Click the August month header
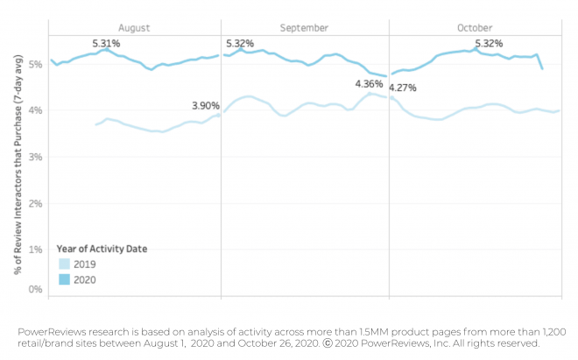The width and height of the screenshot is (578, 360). [x=133, y=28]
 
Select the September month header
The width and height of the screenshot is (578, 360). [x=304, y=28]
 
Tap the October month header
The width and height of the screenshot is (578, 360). [x=475, y=28]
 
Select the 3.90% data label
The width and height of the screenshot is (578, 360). [x=207, y=106]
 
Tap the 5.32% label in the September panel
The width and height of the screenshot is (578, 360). [x=241, y=44]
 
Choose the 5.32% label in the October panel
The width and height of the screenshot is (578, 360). [x=489, y=43]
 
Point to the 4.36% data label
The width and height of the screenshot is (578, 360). [x=369, y=84]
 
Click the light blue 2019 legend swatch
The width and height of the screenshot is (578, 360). [x=65, y=264]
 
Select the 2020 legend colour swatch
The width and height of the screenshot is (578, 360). [x=65, y=280]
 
